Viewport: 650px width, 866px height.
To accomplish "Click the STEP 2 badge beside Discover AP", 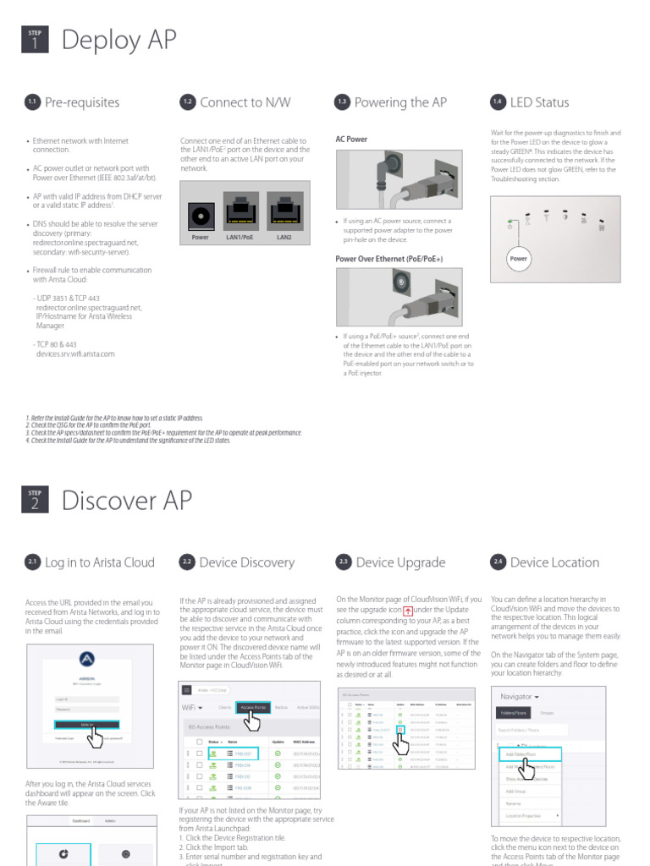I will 35,501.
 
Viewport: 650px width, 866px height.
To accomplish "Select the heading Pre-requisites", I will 81,102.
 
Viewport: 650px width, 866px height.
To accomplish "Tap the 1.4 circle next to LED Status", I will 498,102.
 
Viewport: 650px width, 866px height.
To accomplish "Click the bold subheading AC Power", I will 351,139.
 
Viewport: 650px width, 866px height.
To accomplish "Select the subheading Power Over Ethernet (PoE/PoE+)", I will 388,259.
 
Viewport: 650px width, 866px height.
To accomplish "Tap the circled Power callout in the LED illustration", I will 518,259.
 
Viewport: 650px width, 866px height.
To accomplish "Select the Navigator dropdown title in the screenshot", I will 520,697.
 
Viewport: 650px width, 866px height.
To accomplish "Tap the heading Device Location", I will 554,562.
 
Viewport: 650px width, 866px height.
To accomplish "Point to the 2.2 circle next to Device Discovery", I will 187,562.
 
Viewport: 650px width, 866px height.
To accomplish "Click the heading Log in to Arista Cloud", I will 99,562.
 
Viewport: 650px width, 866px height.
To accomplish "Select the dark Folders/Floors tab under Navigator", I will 513,713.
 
